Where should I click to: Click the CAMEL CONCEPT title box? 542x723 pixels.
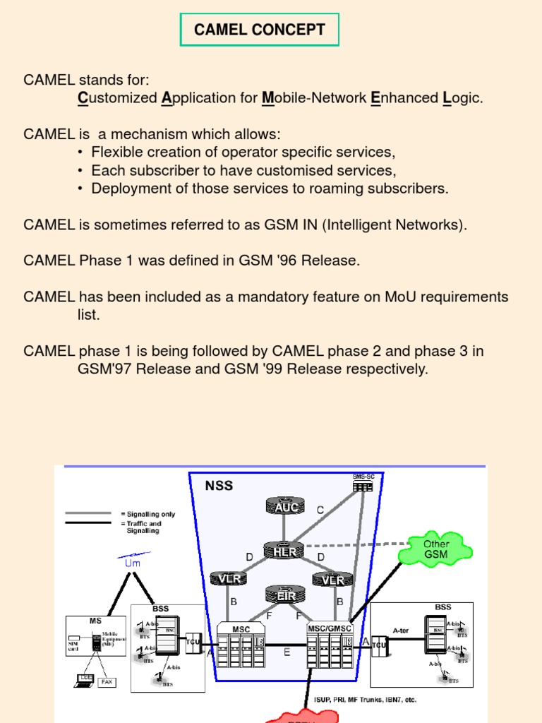coord(259,30)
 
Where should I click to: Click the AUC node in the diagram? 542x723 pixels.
coord(287,507)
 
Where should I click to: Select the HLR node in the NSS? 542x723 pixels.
coord(284,552)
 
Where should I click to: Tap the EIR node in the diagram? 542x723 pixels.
coord(286,595)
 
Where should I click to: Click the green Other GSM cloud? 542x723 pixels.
coord(435,549)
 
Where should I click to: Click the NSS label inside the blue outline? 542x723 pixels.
coord(219,486)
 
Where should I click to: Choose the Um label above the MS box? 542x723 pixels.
coord(132,563)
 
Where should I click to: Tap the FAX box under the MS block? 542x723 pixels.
coord(107,683)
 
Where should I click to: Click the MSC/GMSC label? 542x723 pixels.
coord(330,628)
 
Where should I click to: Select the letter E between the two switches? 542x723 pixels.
coord(287,653)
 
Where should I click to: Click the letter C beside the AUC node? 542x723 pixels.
coord(320,509)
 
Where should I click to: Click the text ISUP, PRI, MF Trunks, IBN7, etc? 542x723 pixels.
coord(365,700)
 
